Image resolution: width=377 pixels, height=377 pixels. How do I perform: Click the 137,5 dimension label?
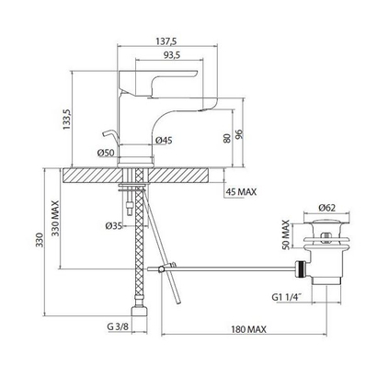coord(166,41)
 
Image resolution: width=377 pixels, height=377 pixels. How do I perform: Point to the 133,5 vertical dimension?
coord(67,120)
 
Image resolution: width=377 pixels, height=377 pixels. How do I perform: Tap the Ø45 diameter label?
coord(164,141)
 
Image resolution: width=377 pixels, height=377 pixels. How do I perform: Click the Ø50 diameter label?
coord(106,153)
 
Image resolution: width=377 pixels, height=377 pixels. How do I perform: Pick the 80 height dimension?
coord(227,138)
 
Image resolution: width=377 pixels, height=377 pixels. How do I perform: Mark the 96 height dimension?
coord(239,134)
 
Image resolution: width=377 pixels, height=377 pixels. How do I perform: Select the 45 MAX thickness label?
coord(241,192)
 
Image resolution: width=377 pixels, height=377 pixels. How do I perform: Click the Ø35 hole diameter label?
coord(113,226)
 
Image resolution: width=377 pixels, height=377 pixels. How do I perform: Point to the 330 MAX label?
coord(55,218)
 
